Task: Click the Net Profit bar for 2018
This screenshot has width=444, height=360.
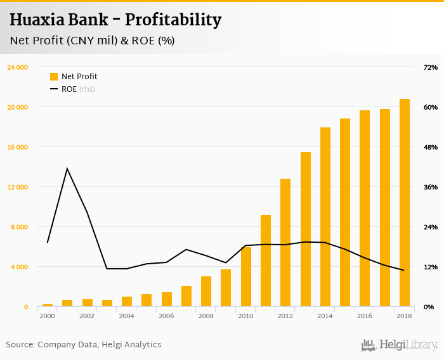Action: tap(405, 203)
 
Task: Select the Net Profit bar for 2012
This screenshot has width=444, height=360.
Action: tap(285, 243)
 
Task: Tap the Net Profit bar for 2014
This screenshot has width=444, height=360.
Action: tap(325, 217)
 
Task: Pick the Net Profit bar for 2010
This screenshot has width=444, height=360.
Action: tap(246, 277)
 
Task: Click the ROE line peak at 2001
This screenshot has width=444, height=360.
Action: tap(67, 169)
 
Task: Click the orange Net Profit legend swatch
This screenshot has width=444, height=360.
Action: tap(54, 77)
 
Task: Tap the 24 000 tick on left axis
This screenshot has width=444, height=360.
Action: tap(18, 67)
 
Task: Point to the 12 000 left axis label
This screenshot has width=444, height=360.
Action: tap(18, 187)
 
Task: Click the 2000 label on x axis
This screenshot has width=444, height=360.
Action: tap(48, 316)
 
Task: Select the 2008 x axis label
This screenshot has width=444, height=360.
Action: tap(206, 316)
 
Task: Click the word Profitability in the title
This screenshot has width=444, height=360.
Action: tap(173, 20)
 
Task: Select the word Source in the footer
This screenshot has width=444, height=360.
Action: tap(20, 345)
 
